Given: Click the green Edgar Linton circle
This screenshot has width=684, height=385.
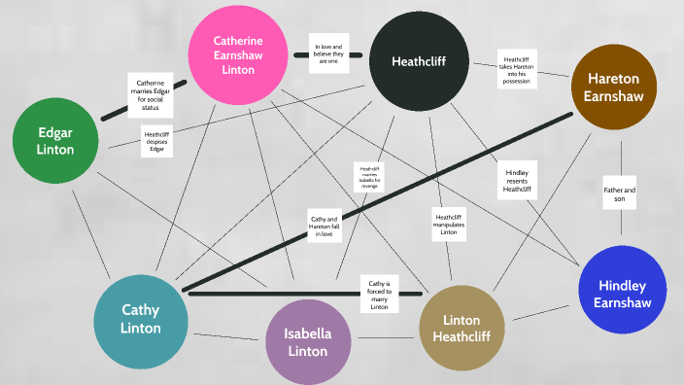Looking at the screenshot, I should pyautogui.click(x=55, y=141).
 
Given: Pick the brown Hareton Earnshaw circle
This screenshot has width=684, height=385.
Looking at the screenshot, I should pyautogui.click(x=614, y=87).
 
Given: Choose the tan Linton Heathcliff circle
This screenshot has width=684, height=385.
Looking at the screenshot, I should pyautogui.click(x=462, y=330).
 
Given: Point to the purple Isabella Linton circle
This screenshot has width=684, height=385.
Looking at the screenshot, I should pyautogui.click(x=308, y=342).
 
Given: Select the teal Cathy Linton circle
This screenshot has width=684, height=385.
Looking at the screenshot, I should pyautogui.click(x=141, y=321).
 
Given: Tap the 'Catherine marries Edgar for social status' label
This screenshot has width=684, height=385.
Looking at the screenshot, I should pyautogui.click(x=151, y=95).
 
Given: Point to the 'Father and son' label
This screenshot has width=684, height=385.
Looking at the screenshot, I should pyautogui.click(x=619, y=193).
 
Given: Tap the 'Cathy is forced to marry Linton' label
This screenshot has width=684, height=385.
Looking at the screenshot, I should pyautogui.click(x=380, y=292).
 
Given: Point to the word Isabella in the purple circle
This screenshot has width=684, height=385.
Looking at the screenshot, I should pyautogui.click(x=308, y=333).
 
